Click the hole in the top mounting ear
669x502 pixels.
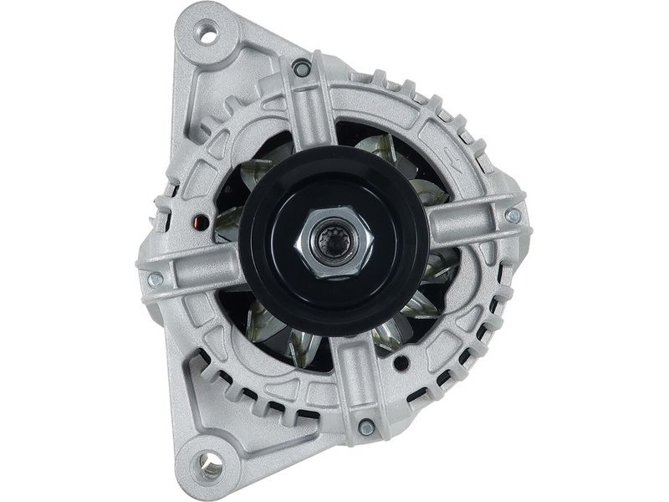coord(206,34)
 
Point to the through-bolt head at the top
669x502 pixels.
coord(302,69)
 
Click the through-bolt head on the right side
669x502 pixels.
coord(513,216)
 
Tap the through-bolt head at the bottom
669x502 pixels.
coord(365,428)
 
